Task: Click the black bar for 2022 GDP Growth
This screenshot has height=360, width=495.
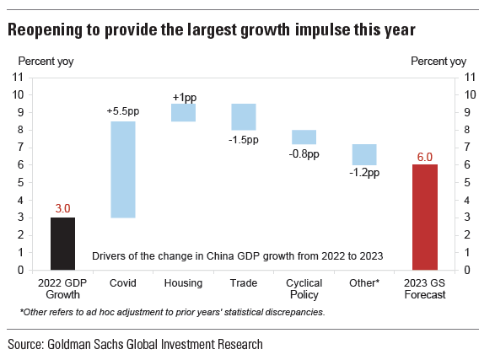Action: point(62,244)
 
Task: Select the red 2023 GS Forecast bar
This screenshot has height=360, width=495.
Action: point(425,217)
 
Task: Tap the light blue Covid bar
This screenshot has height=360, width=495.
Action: point(123,169)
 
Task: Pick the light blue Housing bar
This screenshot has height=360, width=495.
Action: point(184,112)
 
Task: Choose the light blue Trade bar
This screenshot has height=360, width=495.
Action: point(244,116)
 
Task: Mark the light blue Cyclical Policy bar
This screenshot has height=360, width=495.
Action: point(304,137)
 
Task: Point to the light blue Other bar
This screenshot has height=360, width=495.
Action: point(364,154)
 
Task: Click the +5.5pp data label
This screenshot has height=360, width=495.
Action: point(123,111)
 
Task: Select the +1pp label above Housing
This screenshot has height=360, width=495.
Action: point(185,98)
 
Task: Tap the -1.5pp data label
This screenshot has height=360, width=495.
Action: point(244,140)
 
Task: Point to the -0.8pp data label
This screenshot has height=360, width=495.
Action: point(304,154)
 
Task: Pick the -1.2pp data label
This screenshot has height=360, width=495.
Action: point(364,173)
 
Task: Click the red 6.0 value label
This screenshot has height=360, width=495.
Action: point(425,157)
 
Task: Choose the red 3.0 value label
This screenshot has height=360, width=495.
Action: point(62,208)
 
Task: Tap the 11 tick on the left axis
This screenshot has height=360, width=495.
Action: point(18,77)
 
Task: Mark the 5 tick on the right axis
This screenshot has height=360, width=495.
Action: point(467,182)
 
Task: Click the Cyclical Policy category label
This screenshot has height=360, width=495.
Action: point(304,288)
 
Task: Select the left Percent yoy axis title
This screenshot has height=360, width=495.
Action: point(46,62)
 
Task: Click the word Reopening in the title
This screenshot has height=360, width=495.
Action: point(46,30)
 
